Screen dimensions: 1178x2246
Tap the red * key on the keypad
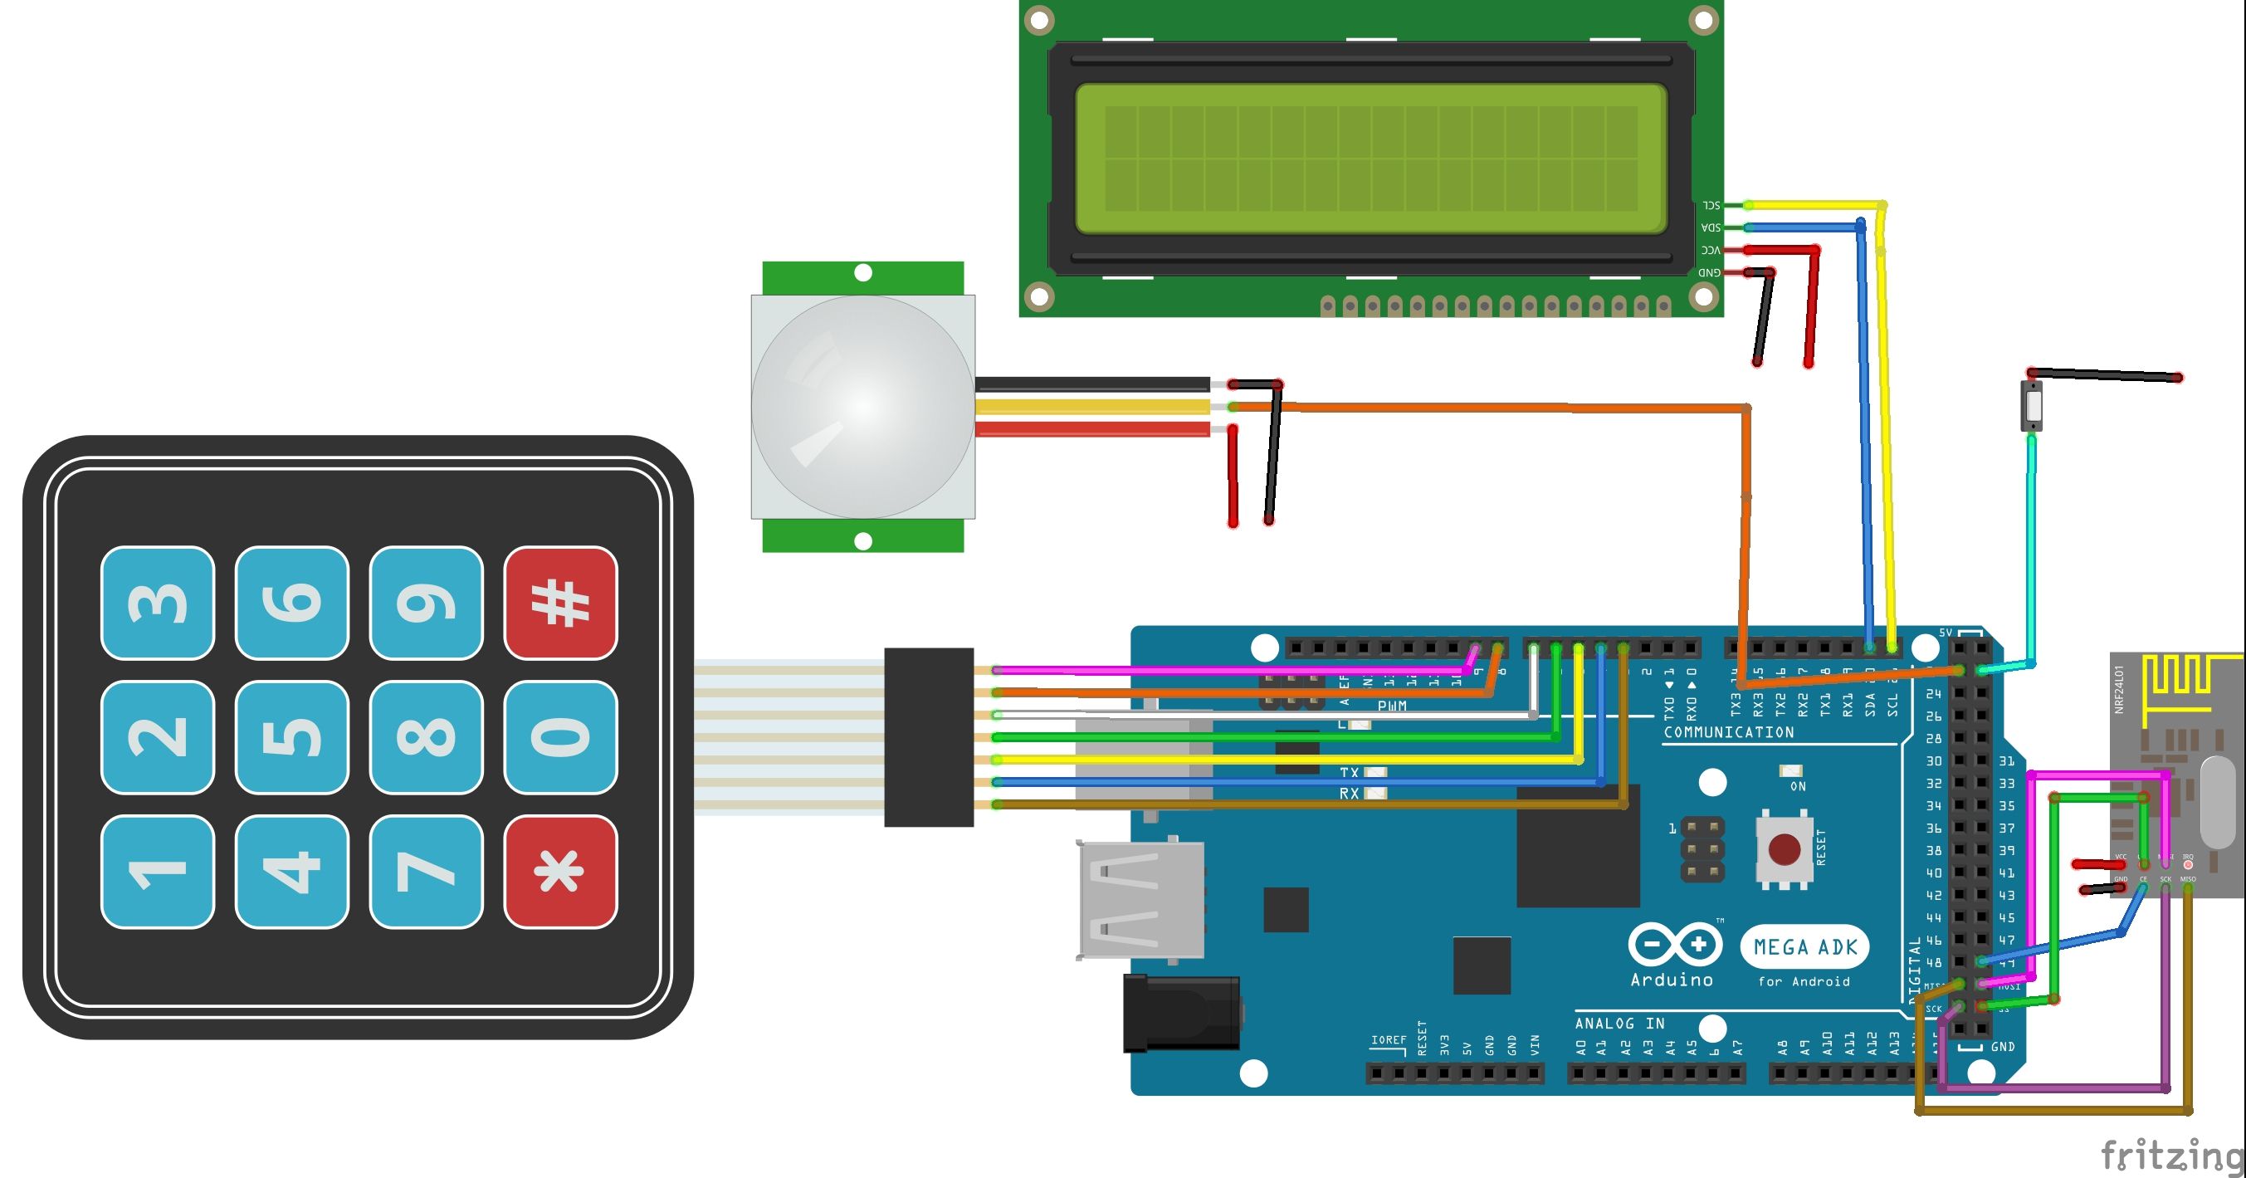point(560,871)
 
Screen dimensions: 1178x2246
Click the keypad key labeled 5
point(292,737)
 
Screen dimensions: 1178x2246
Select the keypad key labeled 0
point(560,737)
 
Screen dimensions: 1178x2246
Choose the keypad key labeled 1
point(158,871)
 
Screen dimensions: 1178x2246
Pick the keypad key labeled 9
point(427,603)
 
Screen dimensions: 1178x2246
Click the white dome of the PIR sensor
point(862,406)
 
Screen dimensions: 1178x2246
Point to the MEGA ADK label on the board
point(1804,947)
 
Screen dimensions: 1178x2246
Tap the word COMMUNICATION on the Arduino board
point(1728,732)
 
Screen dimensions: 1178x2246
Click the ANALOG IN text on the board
point(1619,1023)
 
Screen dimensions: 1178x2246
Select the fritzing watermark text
point(2171,1156)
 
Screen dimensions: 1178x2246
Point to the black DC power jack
point(1181,1013)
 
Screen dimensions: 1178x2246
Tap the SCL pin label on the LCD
point(1711,205)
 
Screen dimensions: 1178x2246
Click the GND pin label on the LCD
point(1709,273)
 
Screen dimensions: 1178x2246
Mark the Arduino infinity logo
point(1674,945)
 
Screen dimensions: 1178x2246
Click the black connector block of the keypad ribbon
point(929,737)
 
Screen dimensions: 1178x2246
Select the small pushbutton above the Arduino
point(2033,405)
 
